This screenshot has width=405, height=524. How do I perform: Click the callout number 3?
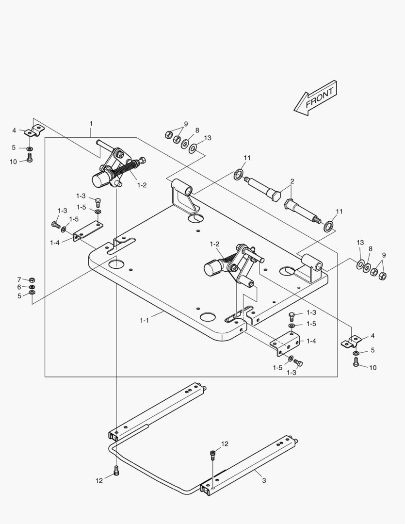(263, 480)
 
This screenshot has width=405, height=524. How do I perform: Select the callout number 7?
(19, 279)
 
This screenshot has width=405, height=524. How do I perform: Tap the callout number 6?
(19, 287)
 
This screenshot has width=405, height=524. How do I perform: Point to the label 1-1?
(144, 320)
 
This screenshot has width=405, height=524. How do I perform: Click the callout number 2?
(292, 181)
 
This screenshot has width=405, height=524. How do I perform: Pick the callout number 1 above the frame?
(91, 124)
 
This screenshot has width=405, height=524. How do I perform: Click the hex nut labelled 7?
(32, 280)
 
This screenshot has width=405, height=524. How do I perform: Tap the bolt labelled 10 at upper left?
(30, 158)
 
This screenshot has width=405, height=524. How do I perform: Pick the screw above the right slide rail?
(213, 455)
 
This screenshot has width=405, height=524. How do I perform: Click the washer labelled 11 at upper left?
(238, 174)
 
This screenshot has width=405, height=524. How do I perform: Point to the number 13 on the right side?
(360, 243)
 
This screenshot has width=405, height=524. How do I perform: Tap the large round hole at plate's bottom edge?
(207, 317)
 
